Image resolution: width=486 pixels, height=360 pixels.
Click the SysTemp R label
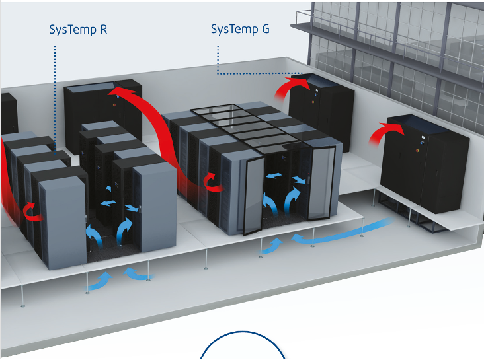tap(79, 30)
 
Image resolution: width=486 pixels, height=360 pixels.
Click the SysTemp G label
tap(240, 30)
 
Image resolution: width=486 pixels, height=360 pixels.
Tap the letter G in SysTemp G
tap(266, 29)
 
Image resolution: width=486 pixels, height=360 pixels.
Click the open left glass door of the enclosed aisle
tap(254, 196)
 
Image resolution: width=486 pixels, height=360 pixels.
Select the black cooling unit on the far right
tap(425, 163)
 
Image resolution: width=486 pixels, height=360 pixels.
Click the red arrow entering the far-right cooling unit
tap(385, 132)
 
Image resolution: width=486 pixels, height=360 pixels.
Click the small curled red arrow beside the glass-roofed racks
tap(213, 183)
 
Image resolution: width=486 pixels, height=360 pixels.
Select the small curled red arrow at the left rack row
tap(32, 212)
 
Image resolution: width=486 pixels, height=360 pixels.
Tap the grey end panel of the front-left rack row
tap(63, 223)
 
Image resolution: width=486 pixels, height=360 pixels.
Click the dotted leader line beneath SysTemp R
tap(55, 99)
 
